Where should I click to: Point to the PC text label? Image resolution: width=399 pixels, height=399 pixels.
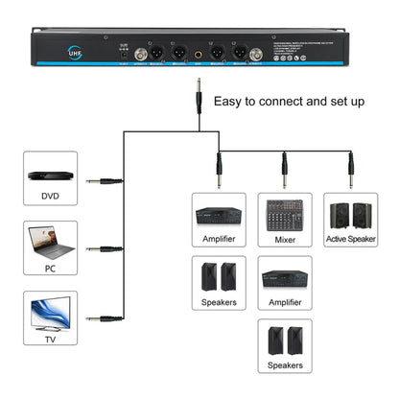point(49,270)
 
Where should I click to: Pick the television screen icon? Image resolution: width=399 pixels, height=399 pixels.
point(49,314)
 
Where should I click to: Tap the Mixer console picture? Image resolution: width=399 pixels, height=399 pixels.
point(285,213)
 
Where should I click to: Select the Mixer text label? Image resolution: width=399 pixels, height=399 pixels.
point(285,240)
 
